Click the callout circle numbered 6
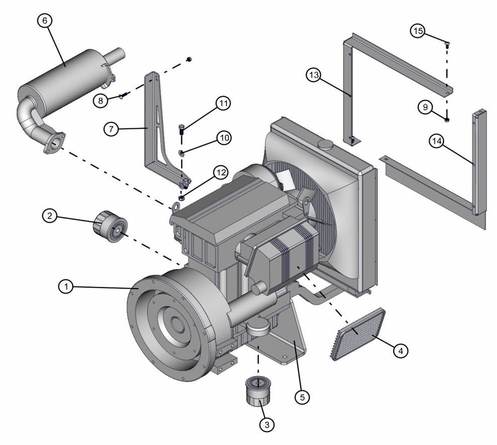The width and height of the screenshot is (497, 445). [45, 21]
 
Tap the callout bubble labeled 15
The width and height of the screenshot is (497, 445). [418, 31]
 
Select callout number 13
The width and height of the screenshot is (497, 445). [313, 75]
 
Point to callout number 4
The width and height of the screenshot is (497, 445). [401, 351]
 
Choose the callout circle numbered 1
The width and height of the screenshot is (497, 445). [66, 287]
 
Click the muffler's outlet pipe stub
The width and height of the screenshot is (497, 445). [115, 55]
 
